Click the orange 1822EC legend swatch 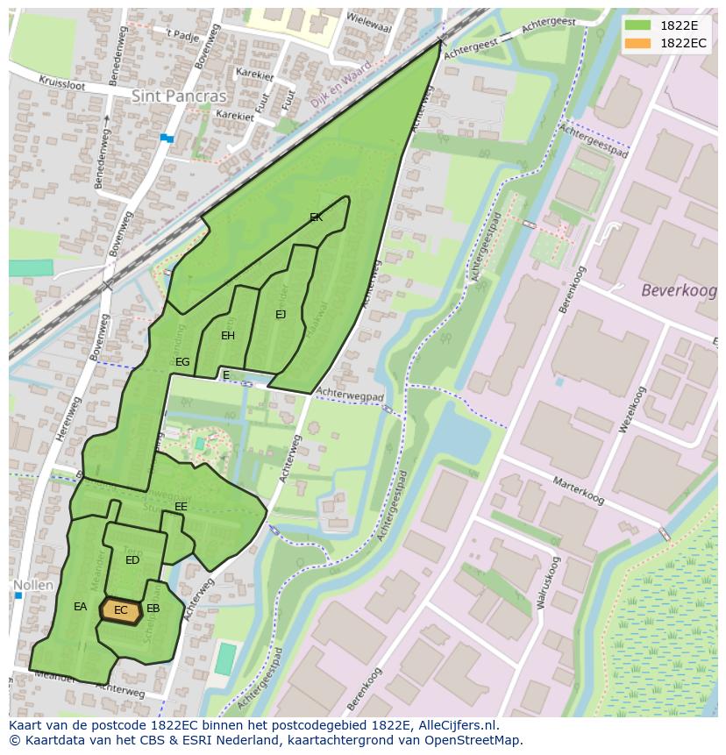click(x=638, y=43)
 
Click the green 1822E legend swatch click(x=638, y=25)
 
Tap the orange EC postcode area click(x=121, y=610)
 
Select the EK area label click(x=317, y=217)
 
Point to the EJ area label click(x=281, y=315)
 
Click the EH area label click(x=228, y=336)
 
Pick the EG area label click(x=182, y=362)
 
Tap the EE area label click(x=181, y=507)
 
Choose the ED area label click(x=132, y=560)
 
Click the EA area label click(x=80, y=607)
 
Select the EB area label click(x=153, y=609)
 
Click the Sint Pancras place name click(x=179, y=96)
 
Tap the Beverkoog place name click(x=678, y=290)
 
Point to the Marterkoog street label click(x=579, y=491)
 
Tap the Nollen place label click(x=33, y=585)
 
